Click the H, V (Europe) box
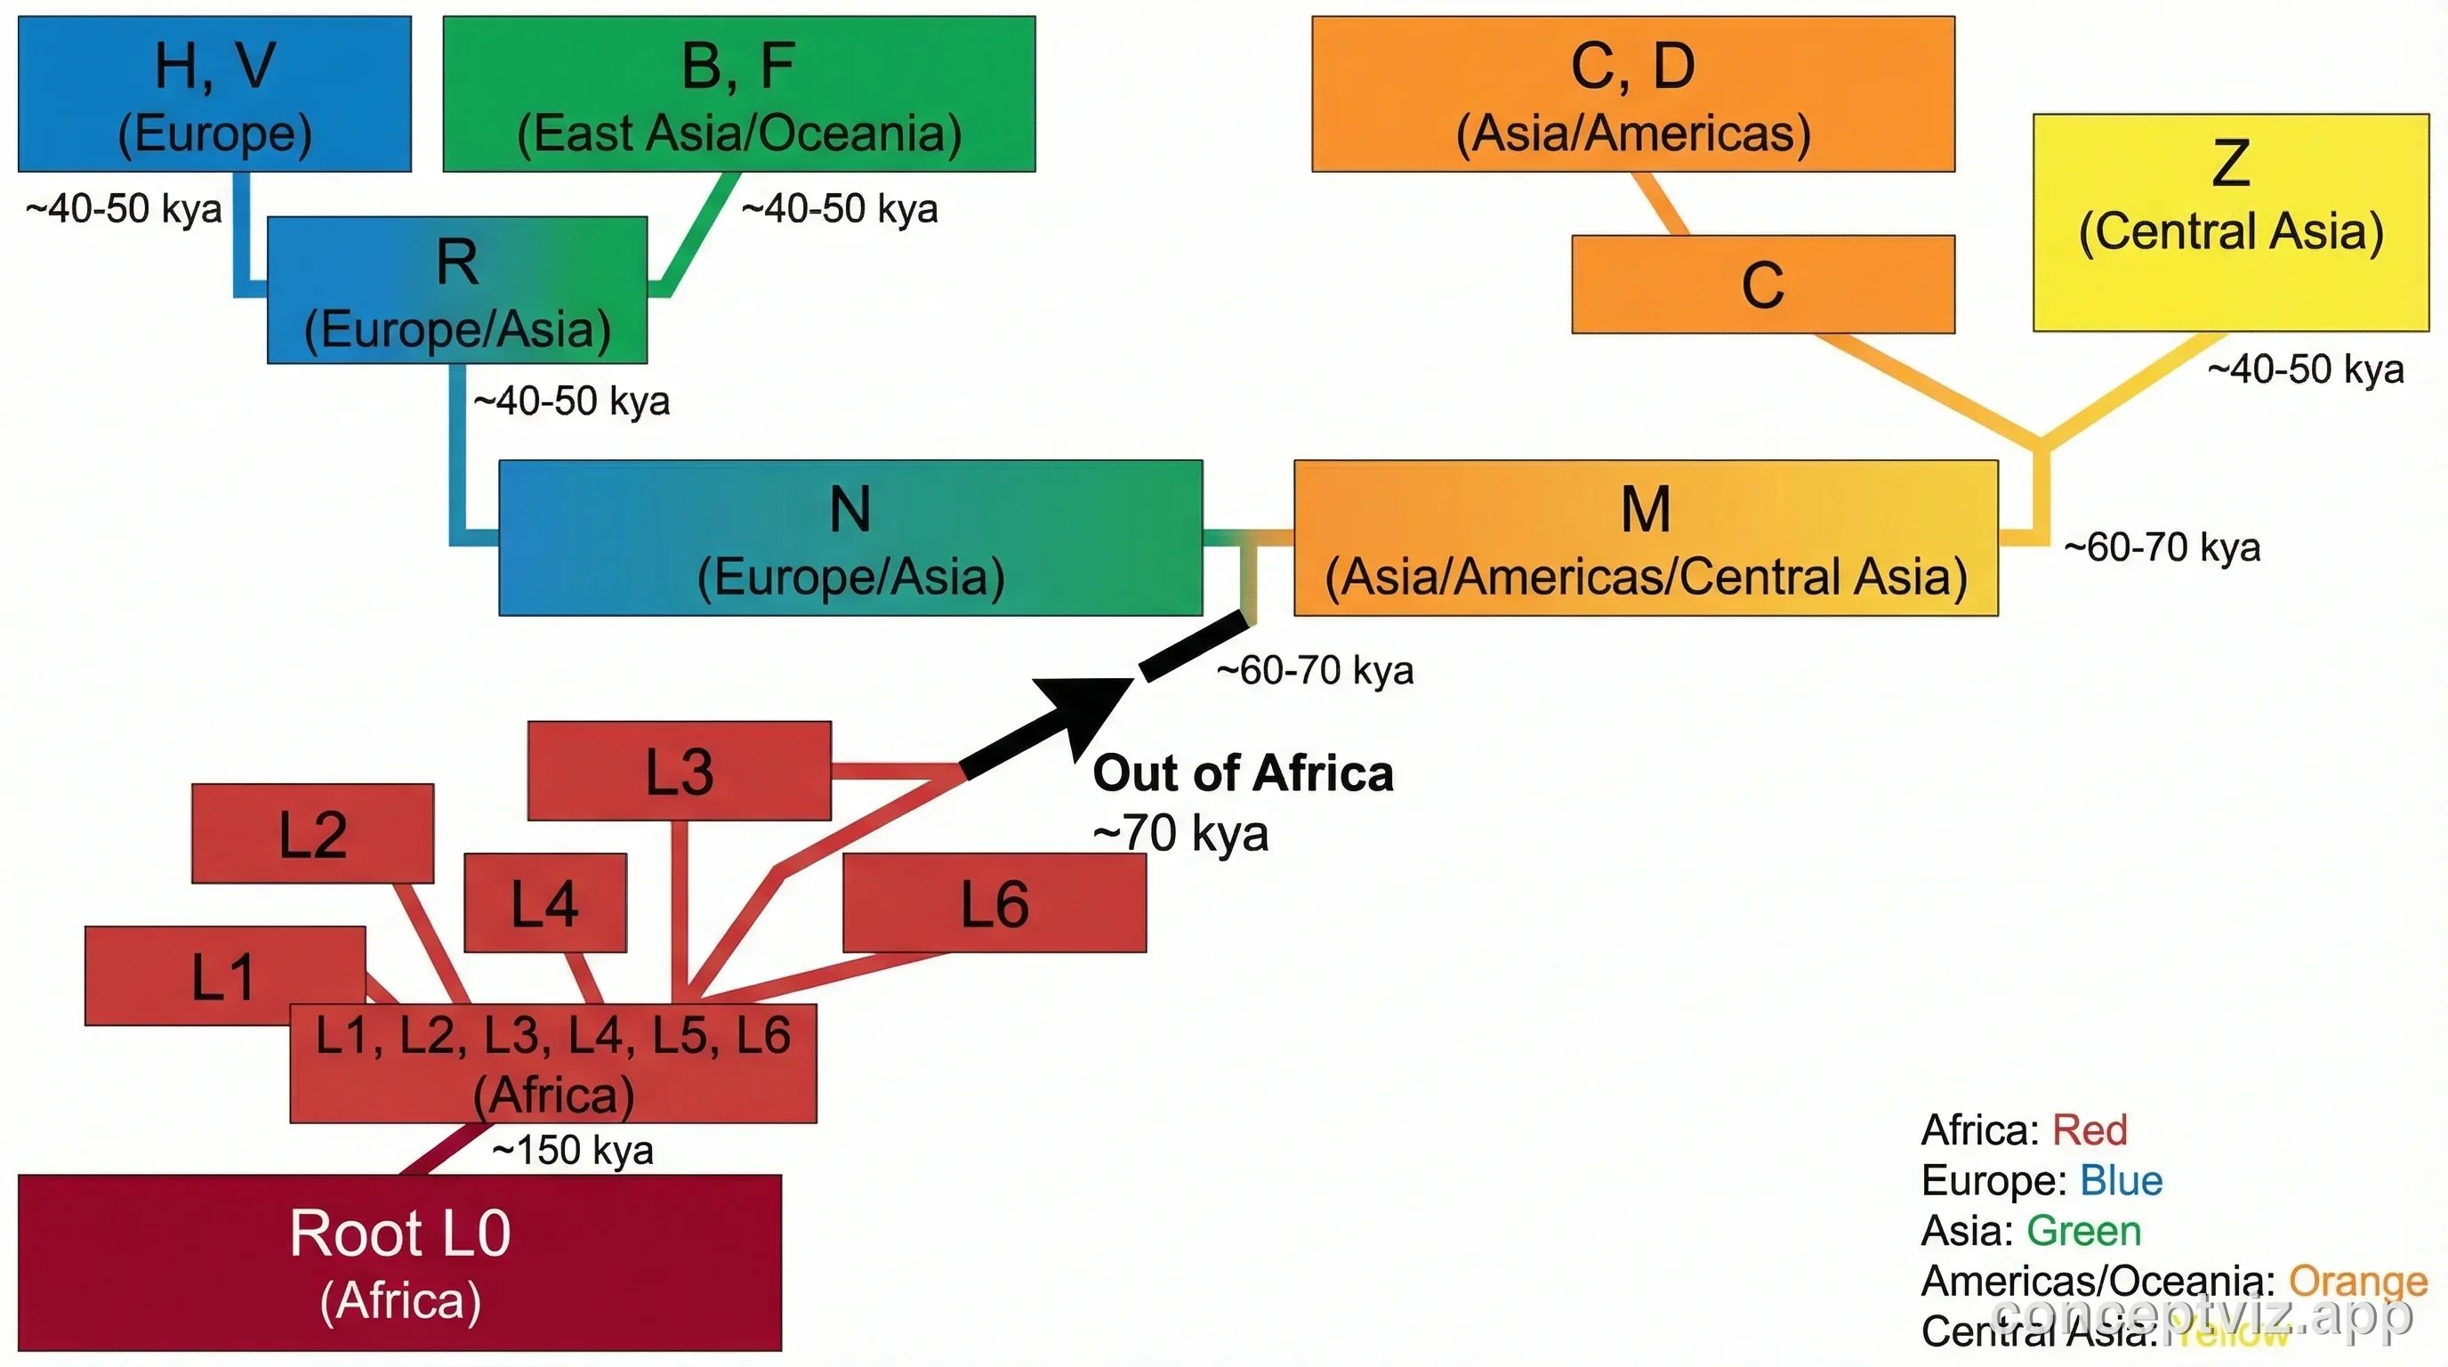[214, 94]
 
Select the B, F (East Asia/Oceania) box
[738, 94]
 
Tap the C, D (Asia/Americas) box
[1632, 94]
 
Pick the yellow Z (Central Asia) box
[2230, 222]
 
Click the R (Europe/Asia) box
[457, 290]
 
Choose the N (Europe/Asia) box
[850, 538]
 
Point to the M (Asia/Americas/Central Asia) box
[1645, 538]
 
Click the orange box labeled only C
[1763, 284]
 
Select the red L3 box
[680, 771]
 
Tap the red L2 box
[312, 834]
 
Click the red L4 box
[545, 902]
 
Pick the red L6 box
[994, 902]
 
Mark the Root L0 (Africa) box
[399, 1263]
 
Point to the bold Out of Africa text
[1243, 772]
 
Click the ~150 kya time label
[573, 1150]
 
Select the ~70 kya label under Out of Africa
[1180, 834]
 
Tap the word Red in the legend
[2089, 1130]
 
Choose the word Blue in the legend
[2121, 1181]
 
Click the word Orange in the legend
[2358, 1282]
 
